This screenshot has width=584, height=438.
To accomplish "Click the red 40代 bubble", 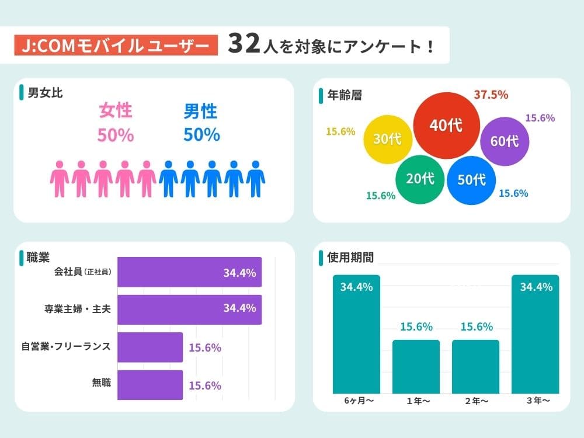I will tap(446, 125).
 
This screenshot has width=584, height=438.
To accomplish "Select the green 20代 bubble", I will tap(420, 179).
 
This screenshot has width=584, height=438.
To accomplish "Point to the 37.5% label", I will tap(491, 95).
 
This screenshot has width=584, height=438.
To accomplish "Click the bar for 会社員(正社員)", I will tap(189, 272).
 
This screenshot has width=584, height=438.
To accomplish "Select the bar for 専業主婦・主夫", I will tap(189, 309).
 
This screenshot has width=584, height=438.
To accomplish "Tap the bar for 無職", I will tap(150, 384).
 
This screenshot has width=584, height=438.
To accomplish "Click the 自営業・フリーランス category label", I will tap(65, 347).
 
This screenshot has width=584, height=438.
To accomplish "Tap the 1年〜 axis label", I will tap(416, 401).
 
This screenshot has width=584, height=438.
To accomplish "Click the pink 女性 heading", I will tap(116, 110).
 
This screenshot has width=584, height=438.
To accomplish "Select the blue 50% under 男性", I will tap(201, 135).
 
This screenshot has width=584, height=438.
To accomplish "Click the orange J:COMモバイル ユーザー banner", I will tap(116, 46).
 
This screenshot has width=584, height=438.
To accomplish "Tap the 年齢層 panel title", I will tap(344, 95).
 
